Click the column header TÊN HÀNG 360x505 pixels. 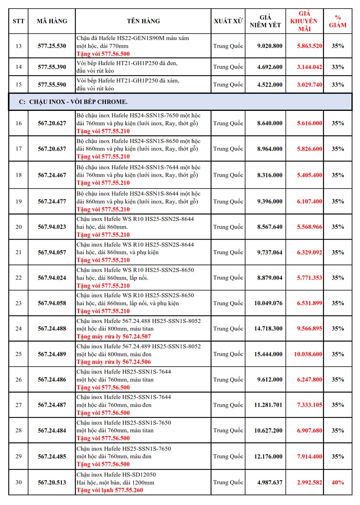(143, 21)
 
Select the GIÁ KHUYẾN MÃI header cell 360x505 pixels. (304, 21)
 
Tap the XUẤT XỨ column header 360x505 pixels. (228, 21)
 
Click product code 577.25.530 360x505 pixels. (52, 46)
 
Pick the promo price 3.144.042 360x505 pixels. (309, 67)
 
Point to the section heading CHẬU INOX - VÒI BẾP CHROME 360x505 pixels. (78, 102)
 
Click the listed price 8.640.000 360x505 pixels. (270, 123)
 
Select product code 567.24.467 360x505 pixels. (52, 175)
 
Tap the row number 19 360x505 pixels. (19, 202)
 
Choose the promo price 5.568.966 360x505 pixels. (309, 227)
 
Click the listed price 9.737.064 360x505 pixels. (270, 253)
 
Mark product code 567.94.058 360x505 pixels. (52, 303)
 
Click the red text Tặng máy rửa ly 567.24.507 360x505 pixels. (113, 337)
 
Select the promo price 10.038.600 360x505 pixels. (308, 354)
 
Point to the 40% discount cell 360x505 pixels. (338, 482)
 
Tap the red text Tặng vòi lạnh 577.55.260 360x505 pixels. (109, 490)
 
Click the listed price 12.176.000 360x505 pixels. (268, 456)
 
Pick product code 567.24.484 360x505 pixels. (52, 430)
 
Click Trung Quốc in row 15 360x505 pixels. (228, 85)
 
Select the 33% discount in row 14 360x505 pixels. (338, 67)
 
